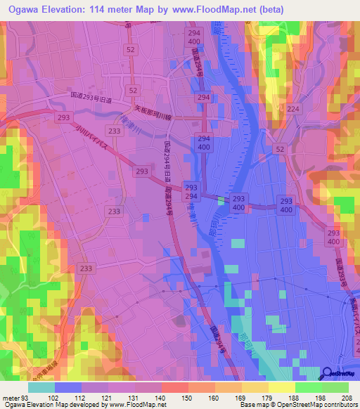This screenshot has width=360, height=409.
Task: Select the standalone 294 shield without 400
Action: (x=203, y=98)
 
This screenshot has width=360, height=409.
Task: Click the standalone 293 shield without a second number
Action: (x=142, y=171)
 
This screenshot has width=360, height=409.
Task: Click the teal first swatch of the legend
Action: (x=41, y=387)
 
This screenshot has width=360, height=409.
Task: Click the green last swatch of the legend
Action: (x=335, y=387)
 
